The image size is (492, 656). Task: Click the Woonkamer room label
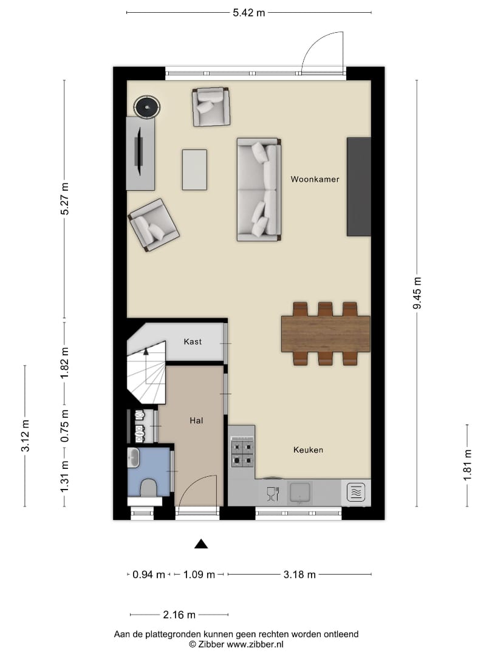315,179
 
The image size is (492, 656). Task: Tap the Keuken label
308,449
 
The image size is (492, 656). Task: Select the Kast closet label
193,341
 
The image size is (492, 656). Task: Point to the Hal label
196,420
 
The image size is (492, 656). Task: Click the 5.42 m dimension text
249,13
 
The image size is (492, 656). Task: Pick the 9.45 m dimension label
417,293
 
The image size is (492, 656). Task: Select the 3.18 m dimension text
299,575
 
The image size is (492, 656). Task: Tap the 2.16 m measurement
179,615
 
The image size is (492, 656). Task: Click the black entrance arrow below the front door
201,544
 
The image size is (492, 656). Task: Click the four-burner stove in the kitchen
242,452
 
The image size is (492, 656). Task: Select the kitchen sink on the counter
299,493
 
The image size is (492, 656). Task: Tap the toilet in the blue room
149,488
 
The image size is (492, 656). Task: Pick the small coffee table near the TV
194,170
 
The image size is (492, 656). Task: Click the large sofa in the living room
259,190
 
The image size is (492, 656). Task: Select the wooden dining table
326,334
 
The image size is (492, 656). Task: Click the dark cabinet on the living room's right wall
359,186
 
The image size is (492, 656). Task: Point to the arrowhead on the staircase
146,352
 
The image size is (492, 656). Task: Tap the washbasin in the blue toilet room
134,458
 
